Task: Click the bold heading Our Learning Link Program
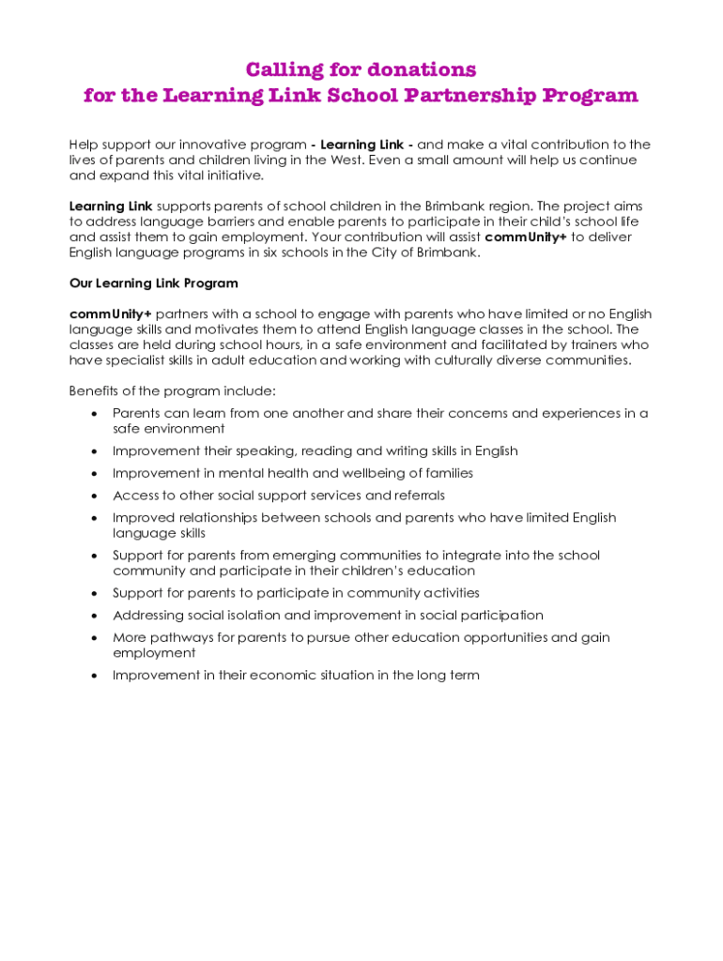[x=154, y=283]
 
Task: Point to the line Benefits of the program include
[x=173, y=390]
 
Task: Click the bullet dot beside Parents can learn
[x=94, y=414]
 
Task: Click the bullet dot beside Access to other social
[x=94, y=496]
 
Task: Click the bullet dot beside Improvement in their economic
[x=94, y=676]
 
